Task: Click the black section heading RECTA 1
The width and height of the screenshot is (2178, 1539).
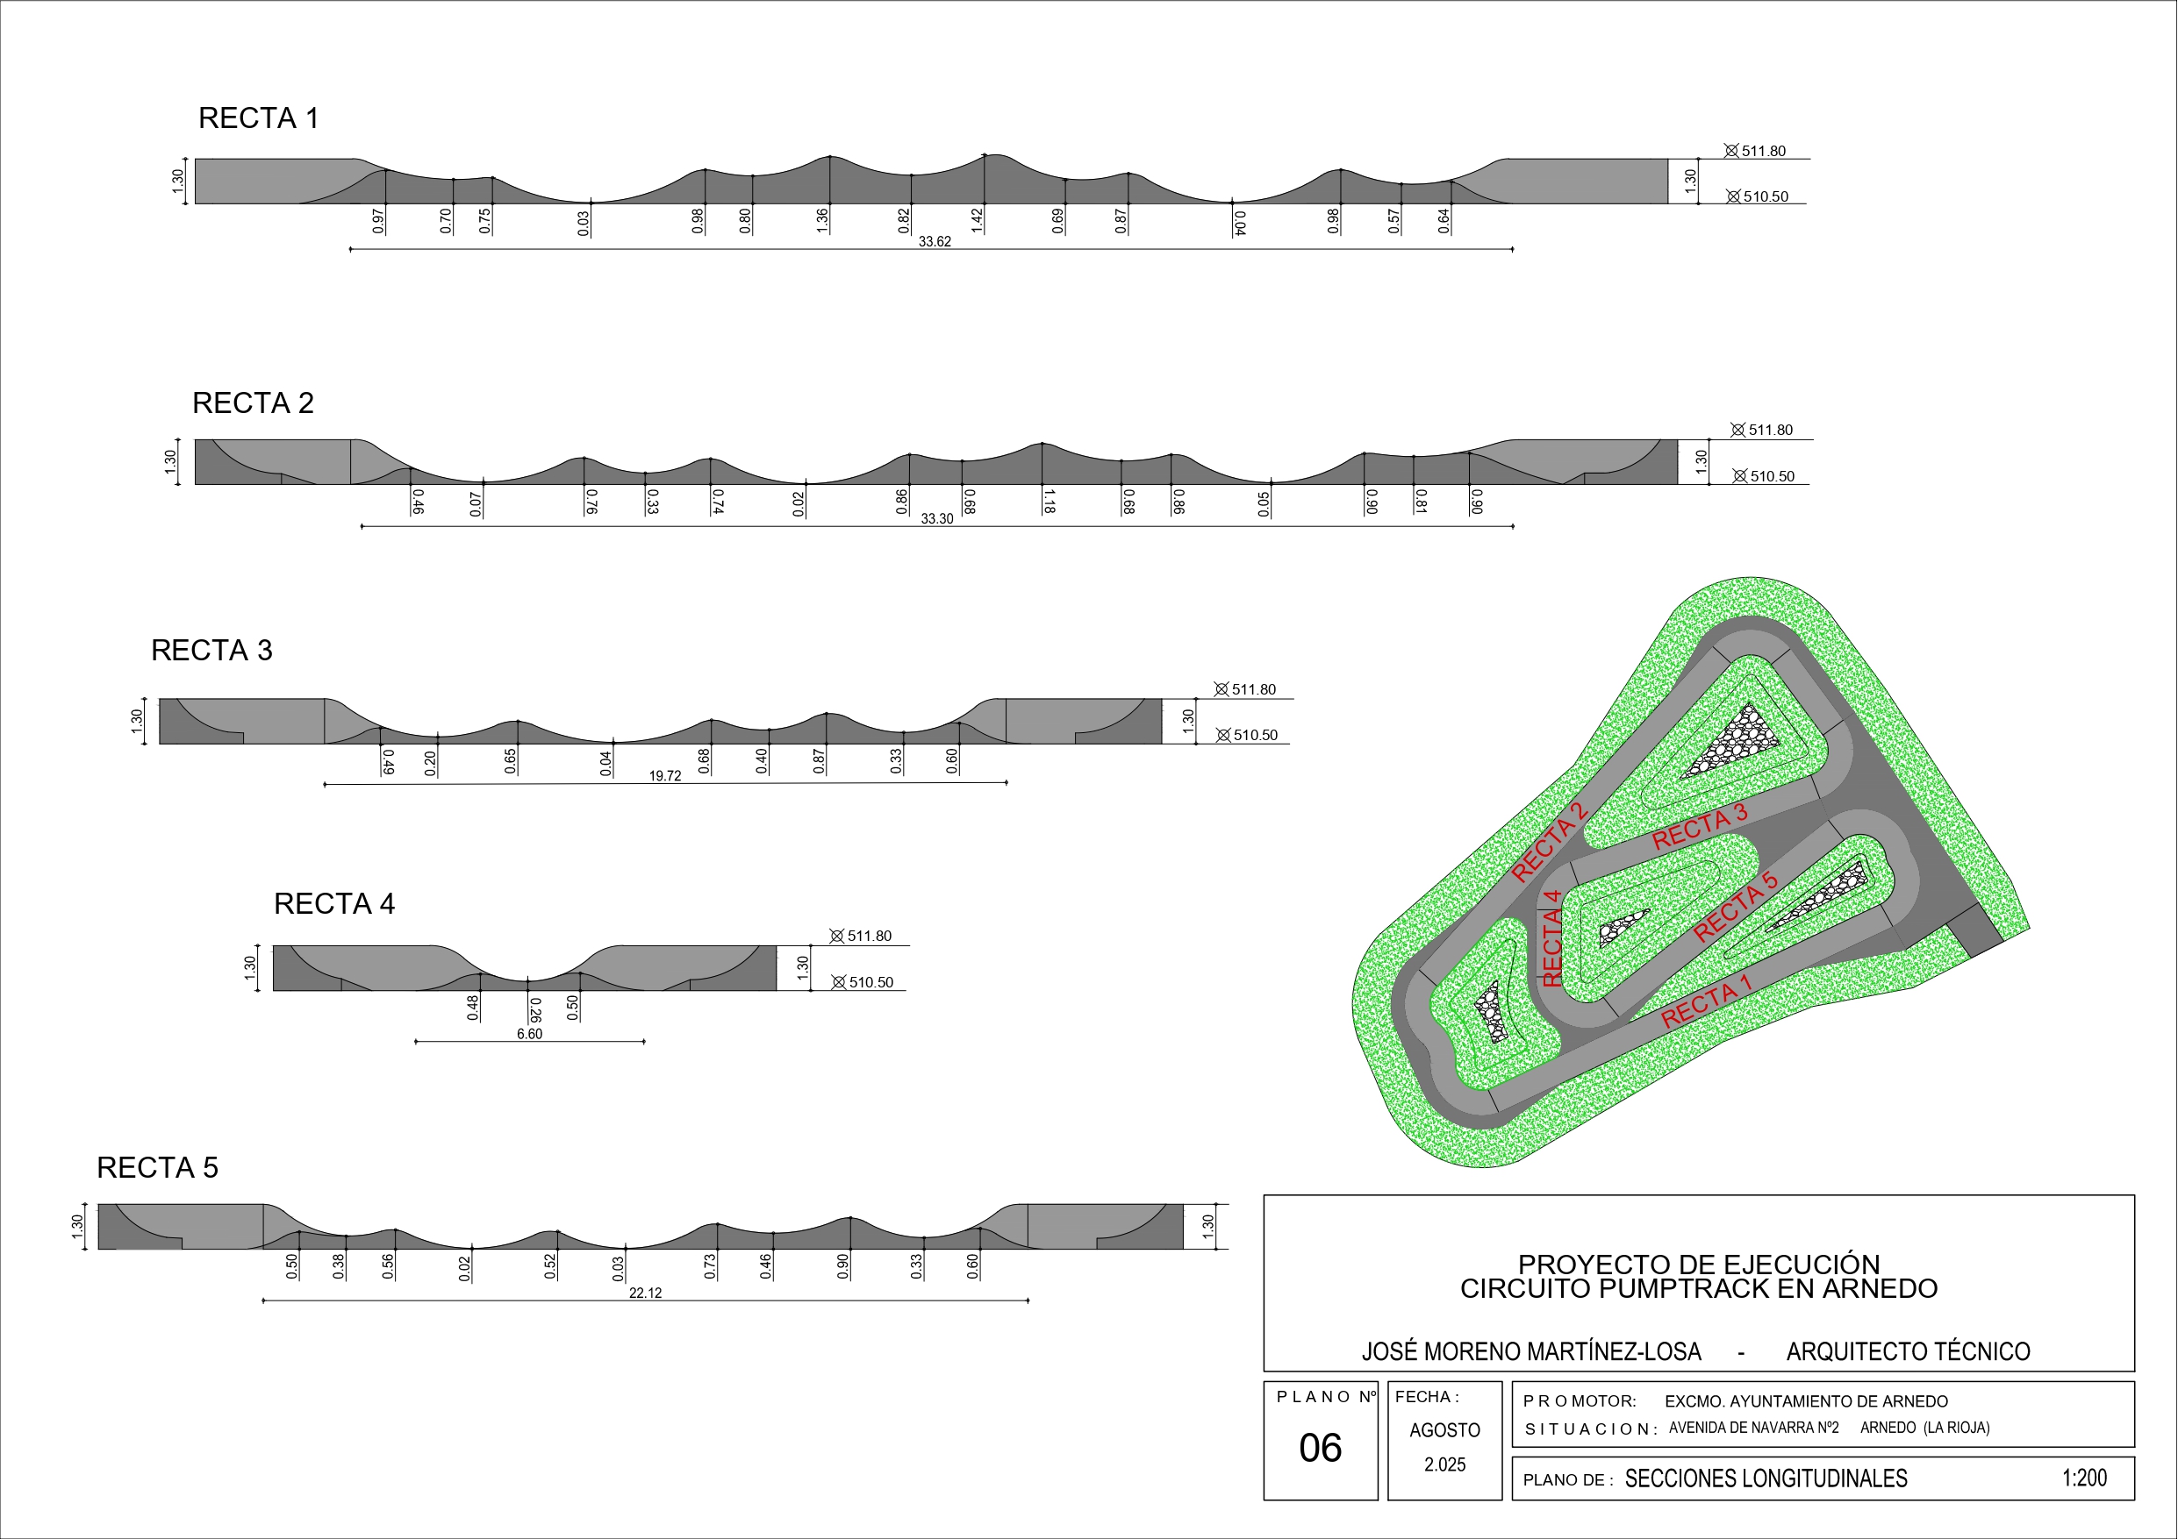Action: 258,118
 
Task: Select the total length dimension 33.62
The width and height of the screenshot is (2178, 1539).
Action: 935,242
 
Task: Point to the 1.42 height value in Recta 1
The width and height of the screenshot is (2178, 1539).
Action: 977,221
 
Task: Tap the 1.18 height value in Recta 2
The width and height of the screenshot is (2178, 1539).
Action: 1049,501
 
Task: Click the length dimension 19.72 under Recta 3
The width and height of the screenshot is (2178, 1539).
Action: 665,776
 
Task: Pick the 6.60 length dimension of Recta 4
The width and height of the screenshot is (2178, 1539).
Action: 529,1034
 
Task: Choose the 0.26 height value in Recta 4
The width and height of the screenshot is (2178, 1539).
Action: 536,1010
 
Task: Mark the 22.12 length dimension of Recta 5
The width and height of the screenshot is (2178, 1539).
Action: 645,1293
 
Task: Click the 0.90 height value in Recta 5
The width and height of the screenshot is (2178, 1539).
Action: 843,1266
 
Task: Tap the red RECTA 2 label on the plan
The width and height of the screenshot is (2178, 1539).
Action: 1549,842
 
